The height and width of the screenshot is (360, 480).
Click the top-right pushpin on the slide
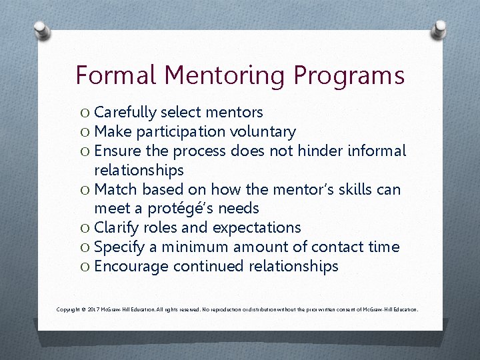(x=439, y=31)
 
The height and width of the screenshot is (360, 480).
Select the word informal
(x=377, y=151)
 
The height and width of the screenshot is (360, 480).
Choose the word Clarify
(x=117, y=228)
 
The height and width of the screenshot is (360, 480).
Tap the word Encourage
(x=131, y=267)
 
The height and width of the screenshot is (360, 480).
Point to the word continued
(x=208, y=267)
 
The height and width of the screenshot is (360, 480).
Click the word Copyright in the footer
(x=69, y=309)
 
